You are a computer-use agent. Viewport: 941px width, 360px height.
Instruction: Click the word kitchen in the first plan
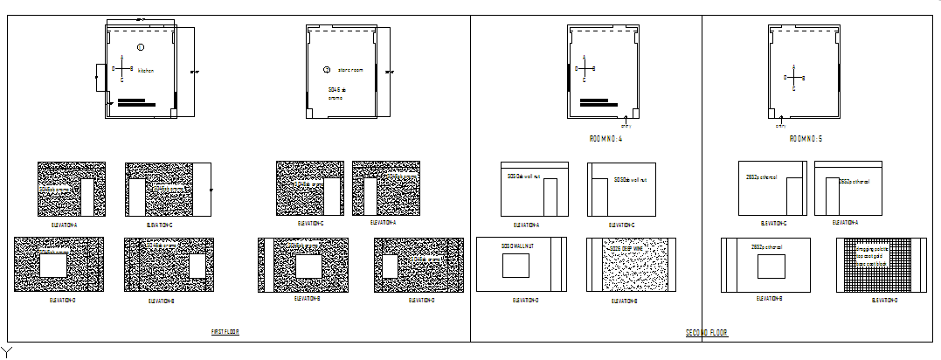tap(146, 70)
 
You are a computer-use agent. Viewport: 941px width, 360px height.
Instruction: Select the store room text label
tap(337, 70)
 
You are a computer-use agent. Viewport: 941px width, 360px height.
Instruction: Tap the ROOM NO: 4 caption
tap(605, 139)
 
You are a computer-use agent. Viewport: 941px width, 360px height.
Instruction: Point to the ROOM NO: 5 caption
tap(806, 139)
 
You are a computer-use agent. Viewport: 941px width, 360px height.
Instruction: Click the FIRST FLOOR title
tap(225, 332)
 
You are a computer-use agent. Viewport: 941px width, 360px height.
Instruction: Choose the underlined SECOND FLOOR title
tap(707, 333)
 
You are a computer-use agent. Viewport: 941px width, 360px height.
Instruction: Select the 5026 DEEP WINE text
tap(626, 248)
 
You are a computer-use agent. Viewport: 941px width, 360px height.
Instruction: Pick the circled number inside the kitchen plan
tap(140, 45)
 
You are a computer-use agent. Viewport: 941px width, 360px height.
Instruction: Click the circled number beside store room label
tap(327, 70)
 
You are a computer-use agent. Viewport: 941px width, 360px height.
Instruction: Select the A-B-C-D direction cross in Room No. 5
tap(793, 77)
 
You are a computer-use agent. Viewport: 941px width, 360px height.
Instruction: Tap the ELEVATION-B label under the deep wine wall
tap(622, 301)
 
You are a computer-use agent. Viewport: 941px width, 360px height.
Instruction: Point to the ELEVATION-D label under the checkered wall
tap(884, 301)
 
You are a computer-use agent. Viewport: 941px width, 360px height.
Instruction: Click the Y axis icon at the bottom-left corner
tap(6, 351)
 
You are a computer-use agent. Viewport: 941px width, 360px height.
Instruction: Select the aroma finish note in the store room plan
tap(336, 97)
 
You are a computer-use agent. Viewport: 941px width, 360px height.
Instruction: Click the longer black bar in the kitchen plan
tap(136, 105)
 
